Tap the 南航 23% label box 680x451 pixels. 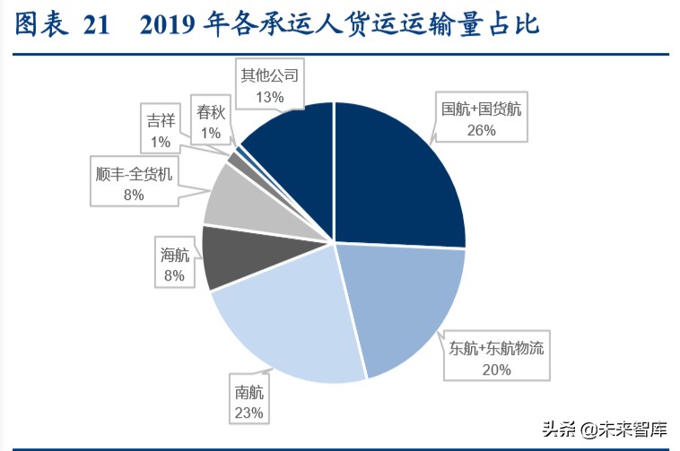pos(249,402)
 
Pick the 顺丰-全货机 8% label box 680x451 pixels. pos(135,182)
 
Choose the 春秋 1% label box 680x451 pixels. pos(211,122)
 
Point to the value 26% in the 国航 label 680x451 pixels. pos(481,129)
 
